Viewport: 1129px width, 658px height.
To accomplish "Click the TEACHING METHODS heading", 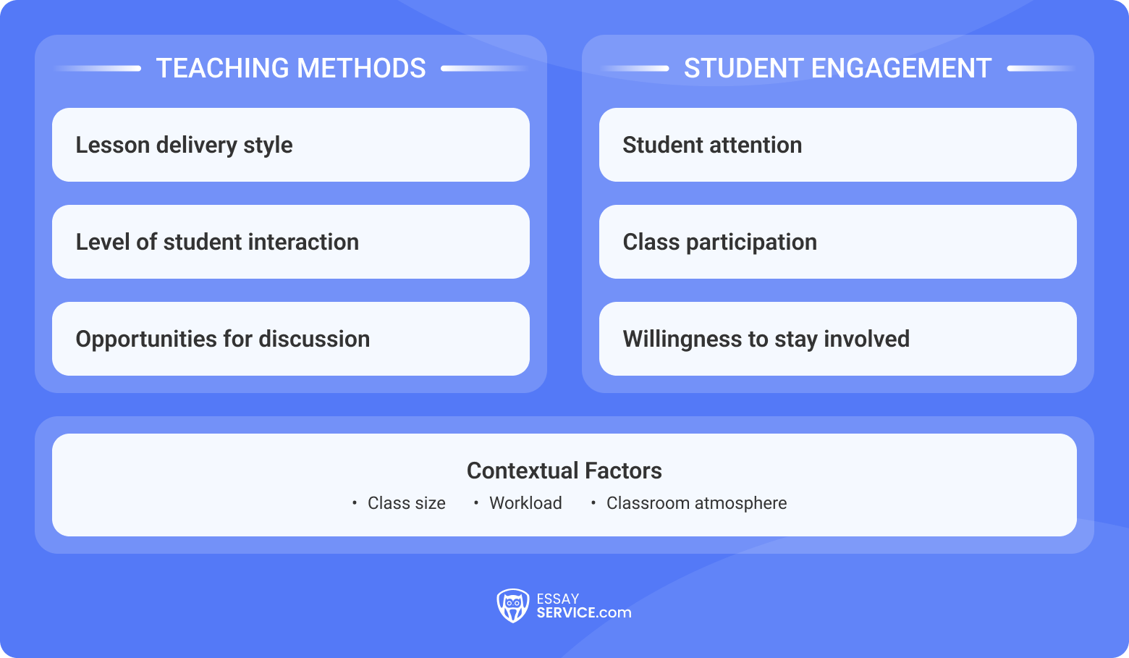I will [291, 68].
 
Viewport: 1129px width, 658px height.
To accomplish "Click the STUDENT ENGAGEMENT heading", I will [837, 68].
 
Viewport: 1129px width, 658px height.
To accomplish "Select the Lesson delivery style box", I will [290, 145].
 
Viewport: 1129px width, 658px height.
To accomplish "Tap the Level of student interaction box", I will [290, 242].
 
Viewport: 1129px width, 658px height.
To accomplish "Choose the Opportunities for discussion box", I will [290, 339].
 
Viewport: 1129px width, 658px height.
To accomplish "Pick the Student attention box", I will [837, 145].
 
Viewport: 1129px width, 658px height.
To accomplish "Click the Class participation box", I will [837, 242].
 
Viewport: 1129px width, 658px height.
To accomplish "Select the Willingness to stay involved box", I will [837, 339].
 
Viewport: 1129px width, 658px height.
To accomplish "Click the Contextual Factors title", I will [564, 471].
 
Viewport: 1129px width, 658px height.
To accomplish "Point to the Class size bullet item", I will [406, 503].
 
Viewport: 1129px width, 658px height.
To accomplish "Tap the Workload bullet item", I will [525, 503].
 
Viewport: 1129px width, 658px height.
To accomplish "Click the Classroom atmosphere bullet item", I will [696, 503].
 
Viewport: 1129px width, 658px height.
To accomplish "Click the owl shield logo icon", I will [512, 605].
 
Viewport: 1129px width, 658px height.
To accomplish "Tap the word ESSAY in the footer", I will [558, 599].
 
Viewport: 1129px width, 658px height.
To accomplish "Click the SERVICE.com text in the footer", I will [583, 613].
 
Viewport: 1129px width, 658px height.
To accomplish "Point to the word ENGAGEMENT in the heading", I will [901, 68].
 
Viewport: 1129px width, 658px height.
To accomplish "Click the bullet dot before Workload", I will [475, 503].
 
